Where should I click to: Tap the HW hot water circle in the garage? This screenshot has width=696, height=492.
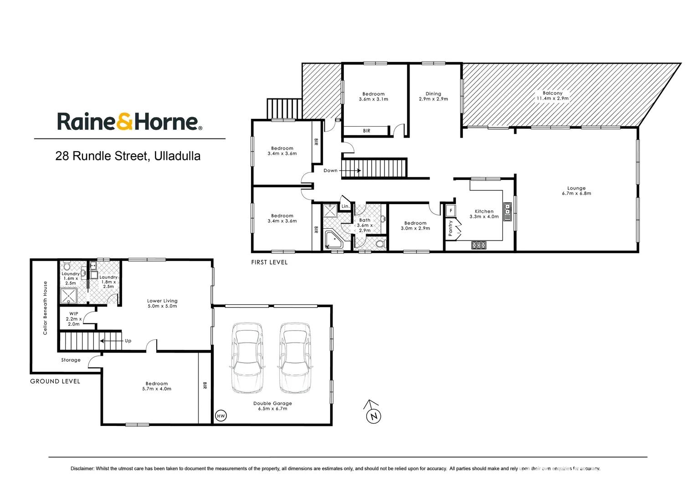pos(221,416)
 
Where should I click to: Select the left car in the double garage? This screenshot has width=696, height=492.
pos(247,358)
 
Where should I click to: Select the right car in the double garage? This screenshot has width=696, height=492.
pos(295,358)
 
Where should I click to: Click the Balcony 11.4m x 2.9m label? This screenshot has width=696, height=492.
pos(553,96)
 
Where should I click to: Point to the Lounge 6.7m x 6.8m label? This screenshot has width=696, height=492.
pos(576,190)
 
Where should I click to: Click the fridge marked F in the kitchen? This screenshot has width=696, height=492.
pos(450,211)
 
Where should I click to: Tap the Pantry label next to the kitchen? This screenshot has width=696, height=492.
pos(450,228)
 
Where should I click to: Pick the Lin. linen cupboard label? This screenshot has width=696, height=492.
pos(345,206)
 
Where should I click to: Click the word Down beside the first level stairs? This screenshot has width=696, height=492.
pos(330,171)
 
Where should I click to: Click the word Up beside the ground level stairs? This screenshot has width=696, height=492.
pos(128,341)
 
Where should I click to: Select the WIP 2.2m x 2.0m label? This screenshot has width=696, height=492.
pos(73,319)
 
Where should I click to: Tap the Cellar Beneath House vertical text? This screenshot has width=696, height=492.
pos(45,308)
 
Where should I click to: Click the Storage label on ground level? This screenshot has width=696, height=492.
pos(71,360)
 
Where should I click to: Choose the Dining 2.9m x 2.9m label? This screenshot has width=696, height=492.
pos(433,96)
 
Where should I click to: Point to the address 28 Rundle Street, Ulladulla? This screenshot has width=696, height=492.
pos(128,156)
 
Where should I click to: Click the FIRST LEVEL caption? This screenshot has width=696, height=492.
pos(269,262)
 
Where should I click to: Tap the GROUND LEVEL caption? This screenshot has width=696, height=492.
pos(55,381)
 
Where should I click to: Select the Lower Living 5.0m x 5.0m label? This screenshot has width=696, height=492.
pos(162,303)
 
